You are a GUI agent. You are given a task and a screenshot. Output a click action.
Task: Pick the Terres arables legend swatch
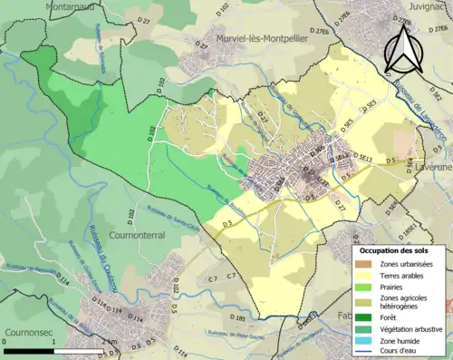pyautogui.click(x=365, y=274)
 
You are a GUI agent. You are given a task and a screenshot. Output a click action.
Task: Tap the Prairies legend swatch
pyautogui.click(x=365, y=286)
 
